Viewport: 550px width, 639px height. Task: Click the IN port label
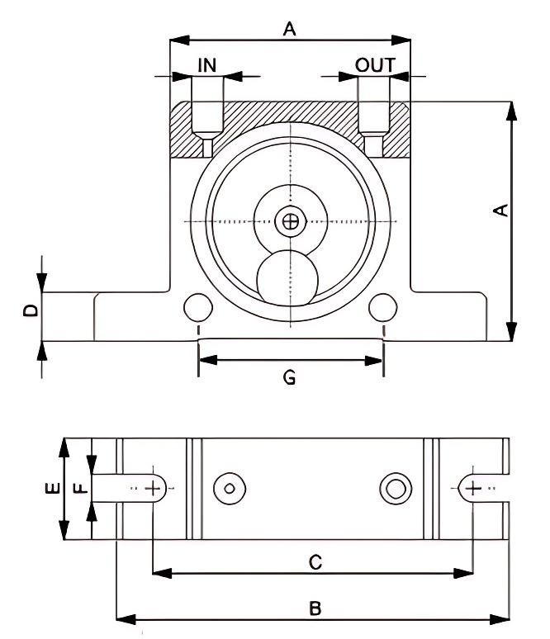[x=206, y=65]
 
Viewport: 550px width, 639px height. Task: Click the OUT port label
[x=375, y=65]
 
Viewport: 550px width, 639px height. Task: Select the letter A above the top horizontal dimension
[x=289, y=30]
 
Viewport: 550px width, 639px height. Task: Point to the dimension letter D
[x=30, y=311]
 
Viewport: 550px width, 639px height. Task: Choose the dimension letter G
[x=290, y=377]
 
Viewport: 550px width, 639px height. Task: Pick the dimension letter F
[x=79, y=489]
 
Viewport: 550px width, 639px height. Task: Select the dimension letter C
[x=314, y=561]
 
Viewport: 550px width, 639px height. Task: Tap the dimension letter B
[x=315, y=608]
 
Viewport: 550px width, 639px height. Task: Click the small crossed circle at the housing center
[x=290, y=221]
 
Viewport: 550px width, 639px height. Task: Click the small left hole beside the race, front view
[x=198, y=307]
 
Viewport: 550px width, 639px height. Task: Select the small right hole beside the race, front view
[x=382, y=307]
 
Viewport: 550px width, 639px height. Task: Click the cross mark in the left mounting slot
[x=153, y=489]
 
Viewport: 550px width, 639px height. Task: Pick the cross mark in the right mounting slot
[x=472, y=489]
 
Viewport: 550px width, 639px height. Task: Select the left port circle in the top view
[x=230, y=489]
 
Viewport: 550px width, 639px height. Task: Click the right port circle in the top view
[x=396, y=489]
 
